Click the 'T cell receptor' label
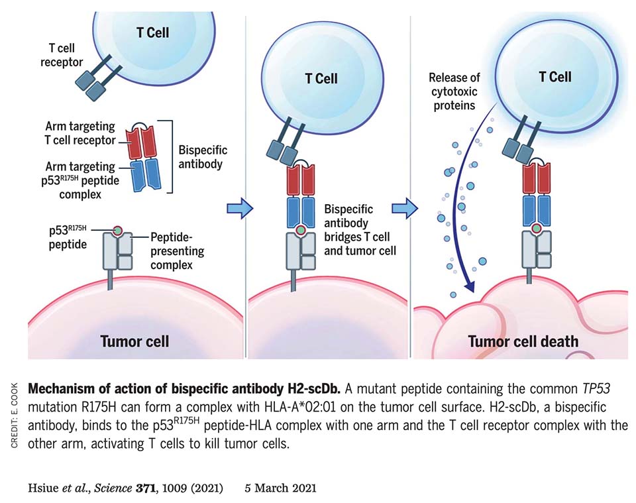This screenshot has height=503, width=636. [62, 56]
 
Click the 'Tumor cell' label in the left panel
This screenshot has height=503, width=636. [134, 342]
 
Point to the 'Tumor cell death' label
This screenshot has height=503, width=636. [523, 342]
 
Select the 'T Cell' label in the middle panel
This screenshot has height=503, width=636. [321, 79]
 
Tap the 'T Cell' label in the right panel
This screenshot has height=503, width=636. [555, 77]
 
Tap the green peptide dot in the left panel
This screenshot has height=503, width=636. [118, 231]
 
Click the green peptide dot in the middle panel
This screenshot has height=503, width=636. [300, 231]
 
